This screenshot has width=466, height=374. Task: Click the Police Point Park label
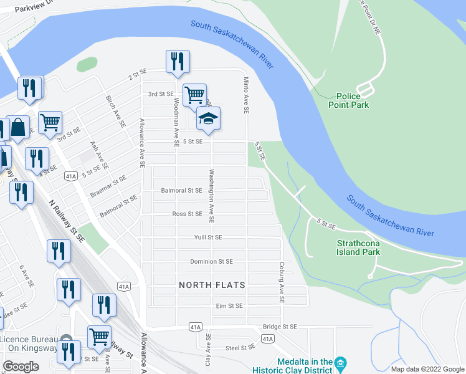[x=349, y=100]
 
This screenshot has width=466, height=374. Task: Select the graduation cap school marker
[x=208, y=118]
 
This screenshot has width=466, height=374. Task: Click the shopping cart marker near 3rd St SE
[x=194, y=95]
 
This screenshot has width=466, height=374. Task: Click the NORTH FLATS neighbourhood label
[x=212, y=285]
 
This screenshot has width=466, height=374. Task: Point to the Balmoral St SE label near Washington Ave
[x=181, y=190]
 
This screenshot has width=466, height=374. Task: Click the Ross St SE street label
[x=187, y=214]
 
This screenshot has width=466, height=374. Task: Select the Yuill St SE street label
[x=208, y=237]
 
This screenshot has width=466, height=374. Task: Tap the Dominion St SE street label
[x=211, y=262]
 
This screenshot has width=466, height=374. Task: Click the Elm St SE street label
[x=229, y=306]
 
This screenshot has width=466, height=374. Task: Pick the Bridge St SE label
[x=280, y=326]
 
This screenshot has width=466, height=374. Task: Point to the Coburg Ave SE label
[x=282, y=282]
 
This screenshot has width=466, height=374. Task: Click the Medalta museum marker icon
[x=340, y=362]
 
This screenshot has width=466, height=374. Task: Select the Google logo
[x=21, y=367]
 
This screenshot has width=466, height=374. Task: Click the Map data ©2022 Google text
[x=427, y=369]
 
